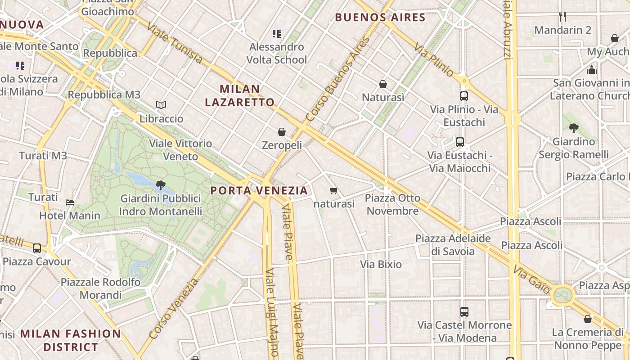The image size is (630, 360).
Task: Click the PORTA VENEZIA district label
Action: (x=259, y=190)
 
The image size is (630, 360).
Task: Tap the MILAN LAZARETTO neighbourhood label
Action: (x=239, y=95)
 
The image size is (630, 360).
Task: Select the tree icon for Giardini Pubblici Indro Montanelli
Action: (x=160, y=185)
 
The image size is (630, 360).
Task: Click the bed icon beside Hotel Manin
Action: (x=70, y=202)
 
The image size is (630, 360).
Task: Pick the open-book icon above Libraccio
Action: (x=161, y=105)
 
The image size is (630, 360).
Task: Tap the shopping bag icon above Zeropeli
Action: (x=282, y=132)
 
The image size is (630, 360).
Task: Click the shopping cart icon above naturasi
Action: (x=333, y=191)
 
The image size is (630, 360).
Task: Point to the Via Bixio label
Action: (x=381, y=264)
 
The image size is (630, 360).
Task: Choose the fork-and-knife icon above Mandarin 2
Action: (x=562, y=17)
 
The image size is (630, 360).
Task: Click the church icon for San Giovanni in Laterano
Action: (x=592, y=70)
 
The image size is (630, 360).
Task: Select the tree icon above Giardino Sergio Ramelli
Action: (x=573, y=128)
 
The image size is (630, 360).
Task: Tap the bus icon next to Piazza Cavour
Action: (x=37, y=248)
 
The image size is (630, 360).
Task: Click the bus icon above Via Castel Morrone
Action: (x=464, y=311)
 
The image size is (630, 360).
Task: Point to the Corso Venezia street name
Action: (x=174, y=309)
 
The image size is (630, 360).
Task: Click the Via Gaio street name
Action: (x=531, y=279)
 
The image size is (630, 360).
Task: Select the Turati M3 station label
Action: (x=43, y=156)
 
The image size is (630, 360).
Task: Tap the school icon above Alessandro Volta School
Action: (x=277, y=33)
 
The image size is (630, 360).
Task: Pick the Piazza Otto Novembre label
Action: (x=392, y=204)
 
